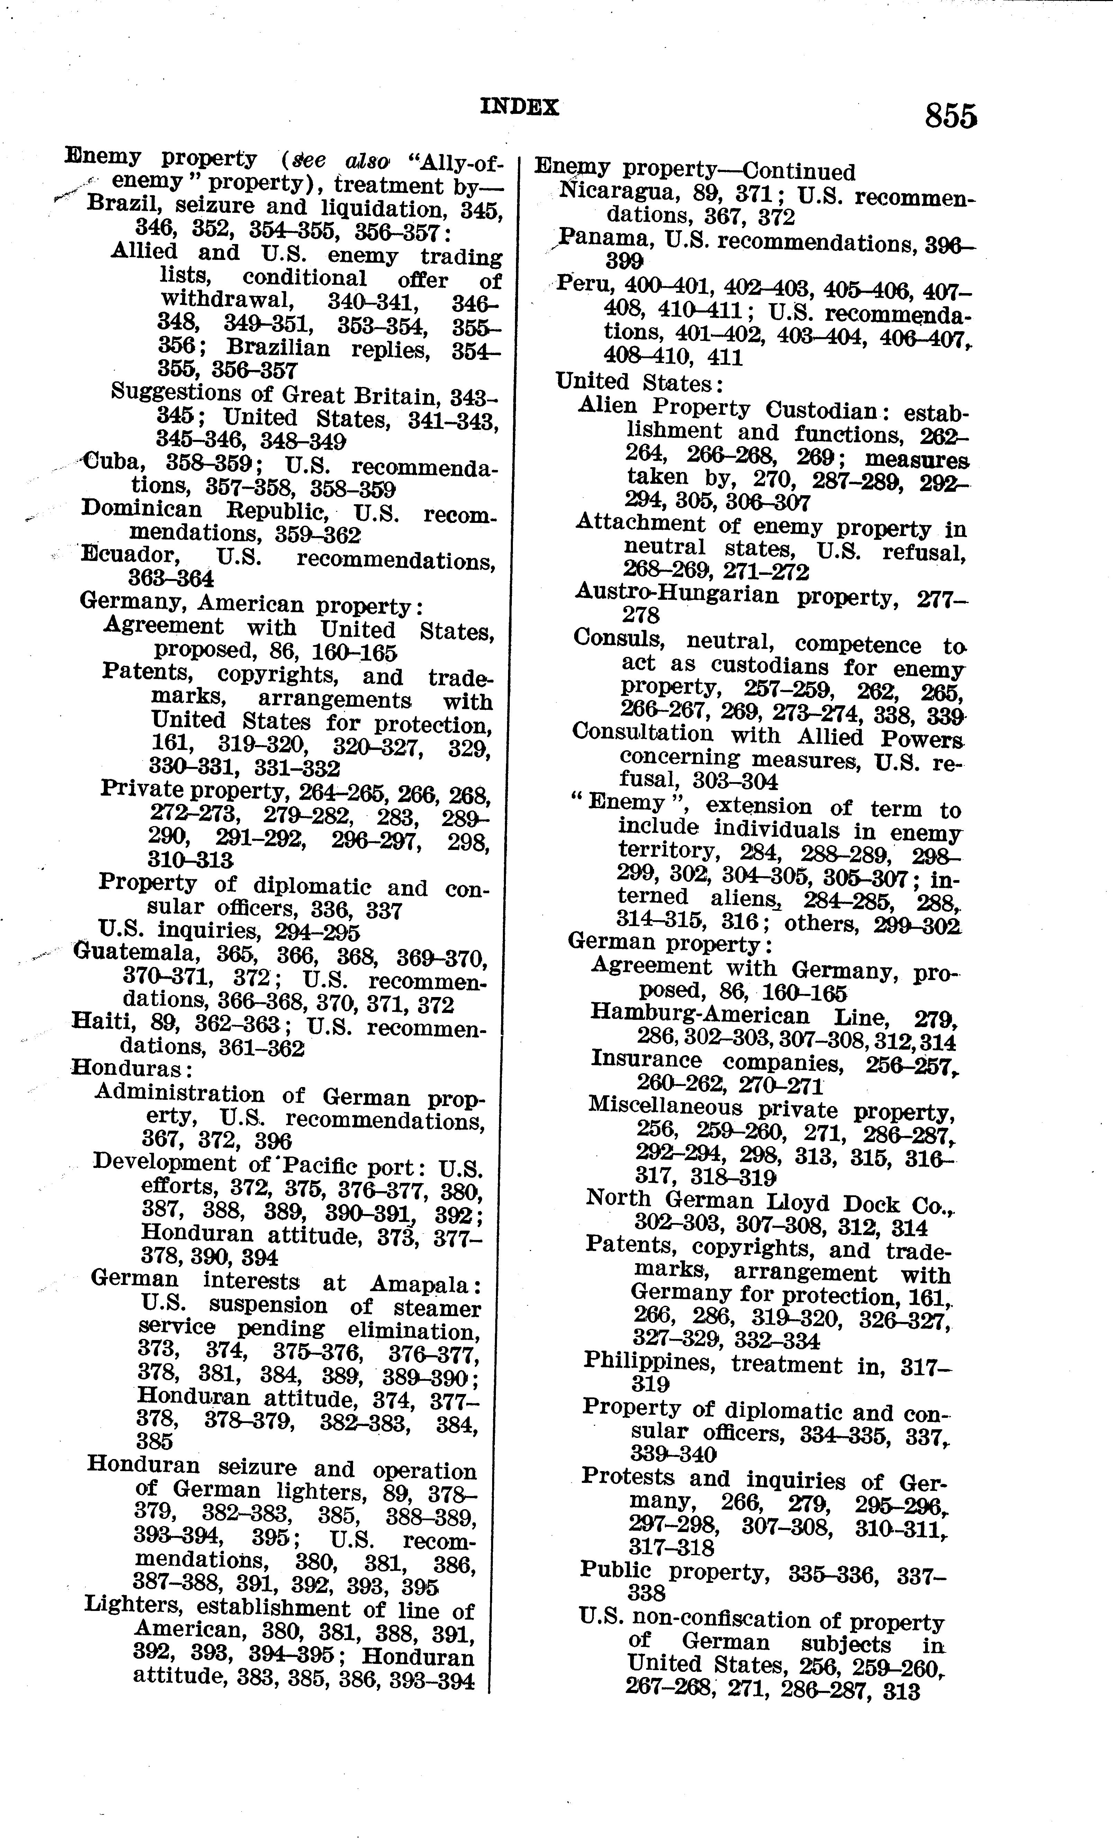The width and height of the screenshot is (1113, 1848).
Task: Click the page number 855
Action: pyautogui.click(x=950, y=117)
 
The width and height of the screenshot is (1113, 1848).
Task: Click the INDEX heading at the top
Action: pyautogui.click(x=520, y=107)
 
